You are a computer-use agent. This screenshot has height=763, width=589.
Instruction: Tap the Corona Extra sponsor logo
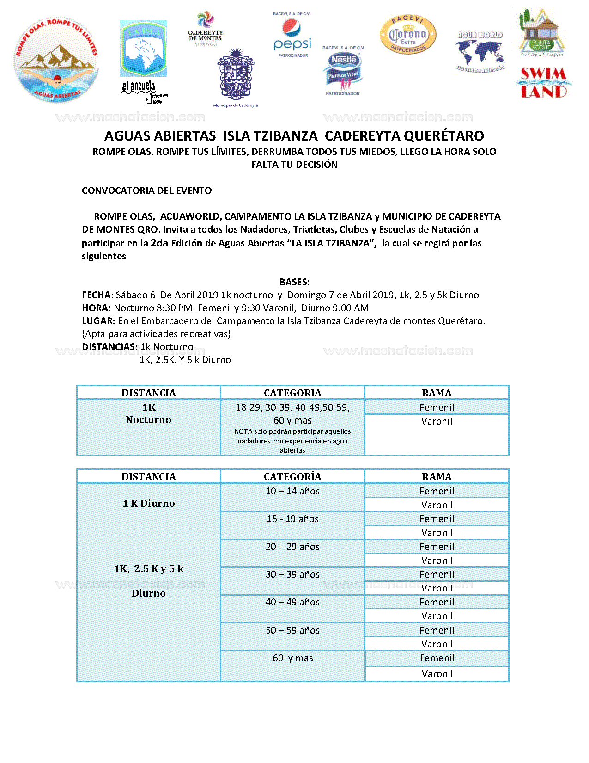[x=408, y=35]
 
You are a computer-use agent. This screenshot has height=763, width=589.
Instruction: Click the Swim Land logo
[x=544, y=83]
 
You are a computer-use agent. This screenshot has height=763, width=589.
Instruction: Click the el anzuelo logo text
[x=139, y=86]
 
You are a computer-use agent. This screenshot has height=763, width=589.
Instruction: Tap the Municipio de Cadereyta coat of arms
[x=236, y=75]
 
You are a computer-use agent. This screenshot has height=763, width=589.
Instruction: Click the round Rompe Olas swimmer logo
[x=56, y=61]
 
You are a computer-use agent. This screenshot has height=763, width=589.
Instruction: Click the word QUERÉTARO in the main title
[x=443, y=136]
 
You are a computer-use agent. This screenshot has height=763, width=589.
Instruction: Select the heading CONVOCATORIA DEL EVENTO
[x=146, y=191]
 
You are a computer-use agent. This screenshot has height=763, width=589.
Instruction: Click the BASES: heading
[x=294, y=282]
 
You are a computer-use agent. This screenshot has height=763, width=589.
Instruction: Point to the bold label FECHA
[x=96, y=295]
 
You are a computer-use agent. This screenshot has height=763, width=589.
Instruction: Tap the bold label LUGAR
[x=98, y=321]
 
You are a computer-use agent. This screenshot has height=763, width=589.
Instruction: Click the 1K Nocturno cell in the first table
[x=148, y=414]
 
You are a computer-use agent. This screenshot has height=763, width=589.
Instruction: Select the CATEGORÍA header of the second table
[x=292, y=477]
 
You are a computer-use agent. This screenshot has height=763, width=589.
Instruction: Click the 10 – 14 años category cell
[x=292, y=491]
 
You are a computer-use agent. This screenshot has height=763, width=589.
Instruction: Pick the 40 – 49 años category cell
[x=292, y=602]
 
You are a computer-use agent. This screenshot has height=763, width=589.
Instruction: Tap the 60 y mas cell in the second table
[x=292, y=658]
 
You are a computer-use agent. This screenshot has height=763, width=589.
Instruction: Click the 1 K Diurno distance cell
[x=148, y=503]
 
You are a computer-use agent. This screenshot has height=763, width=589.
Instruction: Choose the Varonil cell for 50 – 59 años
[x=437, y=644]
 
